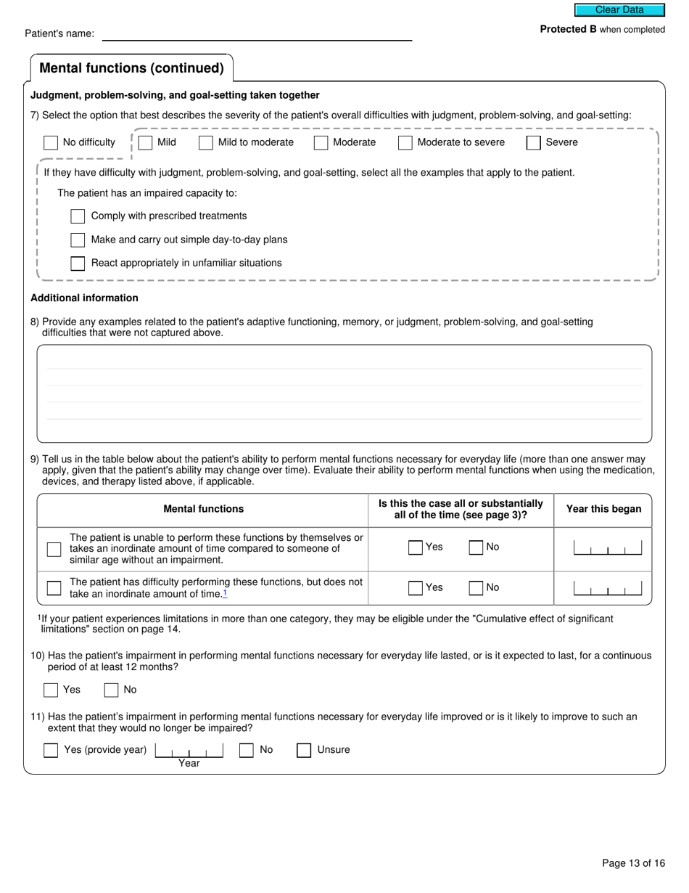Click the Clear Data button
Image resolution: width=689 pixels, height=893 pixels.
tap(619, 10)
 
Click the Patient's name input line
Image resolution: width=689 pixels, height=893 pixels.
tap(257, 33)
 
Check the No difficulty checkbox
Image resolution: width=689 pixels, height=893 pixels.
tap(51, 143)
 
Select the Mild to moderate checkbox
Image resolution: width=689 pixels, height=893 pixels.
tap(206, 143)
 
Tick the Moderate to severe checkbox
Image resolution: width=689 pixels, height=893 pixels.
tap(405, 143)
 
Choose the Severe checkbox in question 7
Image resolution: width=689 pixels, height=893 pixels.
tap(533, 143)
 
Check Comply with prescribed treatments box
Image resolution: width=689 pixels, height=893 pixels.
tap(78, 216)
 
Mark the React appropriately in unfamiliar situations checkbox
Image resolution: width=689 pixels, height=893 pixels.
tap(78, 264)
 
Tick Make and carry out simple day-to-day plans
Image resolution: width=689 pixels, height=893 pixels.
tap(78, 240)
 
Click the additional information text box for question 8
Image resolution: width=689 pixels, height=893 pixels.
tap(344, 394)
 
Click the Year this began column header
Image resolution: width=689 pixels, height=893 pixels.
tap(603, 510)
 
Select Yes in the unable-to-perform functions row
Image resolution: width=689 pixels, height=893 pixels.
tap(415, 548)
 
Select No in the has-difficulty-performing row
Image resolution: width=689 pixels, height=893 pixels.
tap(476, 588)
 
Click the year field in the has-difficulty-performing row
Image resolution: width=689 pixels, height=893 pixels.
tap(607, 588)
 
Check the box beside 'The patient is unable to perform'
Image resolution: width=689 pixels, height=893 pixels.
tap(54, 550)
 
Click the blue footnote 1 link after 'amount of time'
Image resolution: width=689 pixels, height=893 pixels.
tap(225, 594)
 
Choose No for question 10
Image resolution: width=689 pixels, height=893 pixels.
tap(111, 690)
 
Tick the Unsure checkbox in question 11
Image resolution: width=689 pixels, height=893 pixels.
tap(304, 751)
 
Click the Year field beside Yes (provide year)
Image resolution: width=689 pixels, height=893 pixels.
tap(189, 751)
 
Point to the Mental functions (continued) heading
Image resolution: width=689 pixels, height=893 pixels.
tap(131, 68)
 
